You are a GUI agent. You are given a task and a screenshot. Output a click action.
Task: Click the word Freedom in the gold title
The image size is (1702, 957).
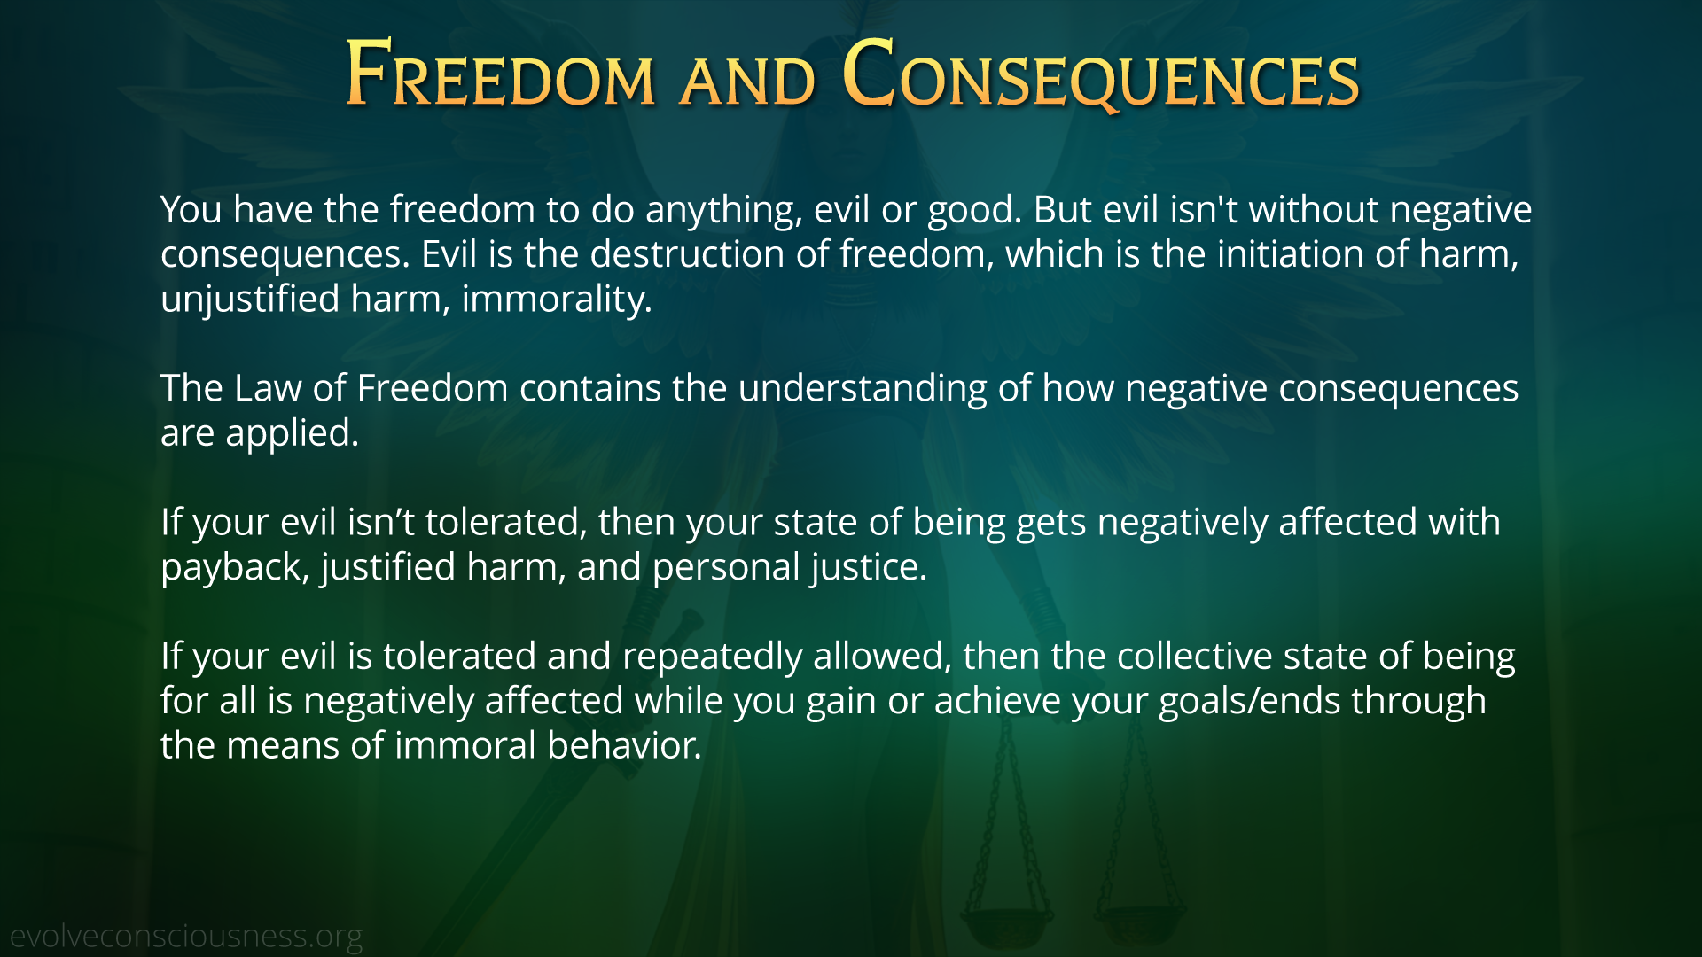[x=500, y=74]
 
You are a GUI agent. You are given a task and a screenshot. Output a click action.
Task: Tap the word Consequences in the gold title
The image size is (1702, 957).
[x=1101, y=76]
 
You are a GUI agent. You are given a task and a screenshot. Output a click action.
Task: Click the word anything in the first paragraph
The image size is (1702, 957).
[x=724, y=211]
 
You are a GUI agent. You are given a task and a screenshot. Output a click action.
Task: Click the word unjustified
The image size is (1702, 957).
[x=250, y=300]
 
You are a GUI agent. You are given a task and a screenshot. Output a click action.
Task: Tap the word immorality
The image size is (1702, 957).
[x=557, y=300]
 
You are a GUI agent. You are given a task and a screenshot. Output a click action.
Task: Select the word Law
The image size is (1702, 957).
[x=268, y=388]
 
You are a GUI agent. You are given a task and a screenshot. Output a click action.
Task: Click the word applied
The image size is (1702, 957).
[x=292, y=434]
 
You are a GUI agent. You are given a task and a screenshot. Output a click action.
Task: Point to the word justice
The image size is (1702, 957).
[x=869, y=568]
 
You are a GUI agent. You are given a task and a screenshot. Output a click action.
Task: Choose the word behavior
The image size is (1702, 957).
[x=624, y=746]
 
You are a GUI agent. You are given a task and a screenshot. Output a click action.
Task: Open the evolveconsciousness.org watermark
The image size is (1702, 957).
[x=186, y=937]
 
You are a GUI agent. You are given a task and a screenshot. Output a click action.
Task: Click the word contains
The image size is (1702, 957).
[x=590, y=389]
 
